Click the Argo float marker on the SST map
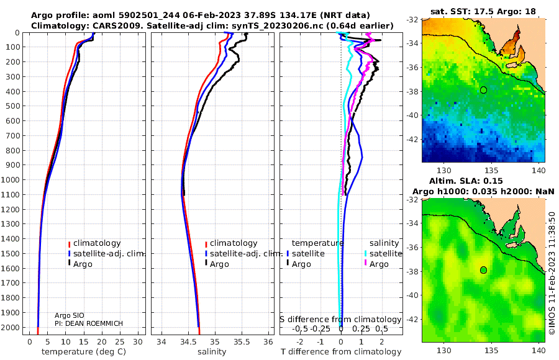coord(483,90)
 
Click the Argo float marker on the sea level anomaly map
coord(483,270)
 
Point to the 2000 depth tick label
coord(13,328)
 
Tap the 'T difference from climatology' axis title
coord(342,352)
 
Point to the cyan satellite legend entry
coord(384,254)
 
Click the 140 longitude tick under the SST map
coord(539,170)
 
